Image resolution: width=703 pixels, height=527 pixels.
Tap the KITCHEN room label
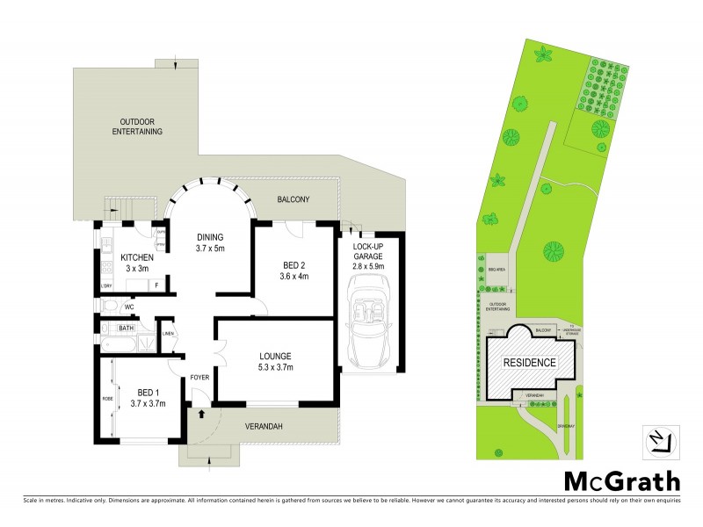coord(137,257)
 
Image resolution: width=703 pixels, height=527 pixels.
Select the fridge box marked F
coord(156,285)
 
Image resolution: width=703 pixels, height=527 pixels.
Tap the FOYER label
coord(200,378)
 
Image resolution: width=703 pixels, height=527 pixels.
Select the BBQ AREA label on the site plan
coord(495,269)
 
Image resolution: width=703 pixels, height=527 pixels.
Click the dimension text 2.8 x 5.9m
coord(368,265)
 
